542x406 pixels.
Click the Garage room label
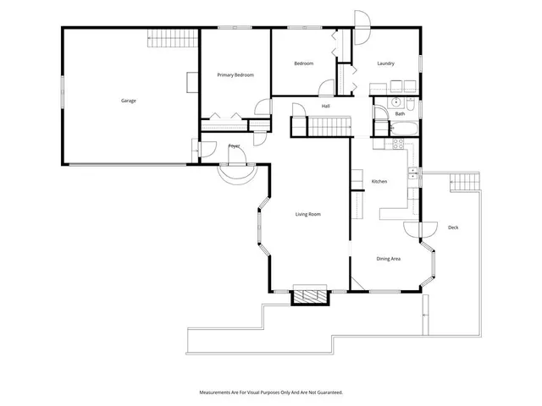point(128,101)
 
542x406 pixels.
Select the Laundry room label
point(386,63)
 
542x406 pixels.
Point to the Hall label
point(325,106)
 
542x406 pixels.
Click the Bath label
point(399,113)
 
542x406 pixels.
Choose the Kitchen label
point(379,182)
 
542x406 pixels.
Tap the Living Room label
point(307,214)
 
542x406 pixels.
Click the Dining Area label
point(389,258)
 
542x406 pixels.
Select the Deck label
point(452,227)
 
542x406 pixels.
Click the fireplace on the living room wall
point(309,297)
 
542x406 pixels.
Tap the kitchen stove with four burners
point(394,145)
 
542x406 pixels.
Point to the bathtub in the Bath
point(402,129)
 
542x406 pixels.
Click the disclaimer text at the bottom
point(271,392)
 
